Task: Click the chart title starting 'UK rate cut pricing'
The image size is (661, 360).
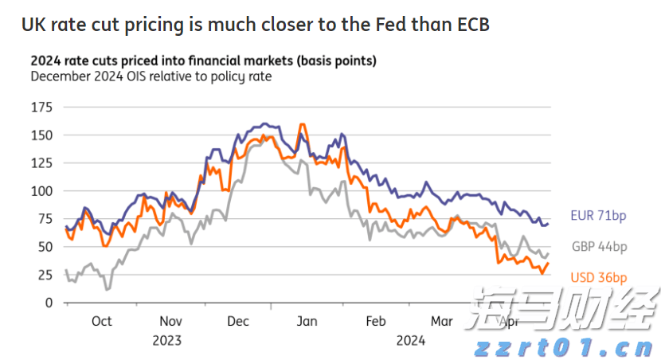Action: (x=255, y=25)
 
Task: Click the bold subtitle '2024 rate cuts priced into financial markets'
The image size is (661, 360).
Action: (x=203, y=61)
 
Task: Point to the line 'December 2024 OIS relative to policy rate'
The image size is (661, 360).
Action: (x=151, y=76)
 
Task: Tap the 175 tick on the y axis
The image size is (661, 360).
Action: (x=41, y=107)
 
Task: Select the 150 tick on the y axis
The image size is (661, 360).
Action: (x=41, y=135)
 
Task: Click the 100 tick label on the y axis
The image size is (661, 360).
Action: (x=41, y=191)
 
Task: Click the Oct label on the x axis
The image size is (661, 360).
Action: (x=101, y=322)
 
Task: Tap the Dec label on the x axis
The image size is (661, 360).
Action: (x=238, y=322)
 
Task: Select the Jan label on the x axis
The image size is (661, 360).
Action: (x=307, y=322)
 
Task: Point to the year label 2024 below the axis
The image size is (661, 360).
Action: (x=410, y=340)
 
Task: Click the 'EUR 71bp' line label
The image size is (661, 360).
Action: (x=598, y=216)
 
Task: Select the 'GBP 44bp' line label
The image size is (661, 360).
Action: (x=599, y=247)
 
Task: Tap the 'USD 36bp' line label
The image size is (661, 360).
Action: (x=599, y=277)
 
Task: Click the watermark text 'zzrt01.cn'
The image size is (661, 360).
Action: (x=564, y=348)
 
